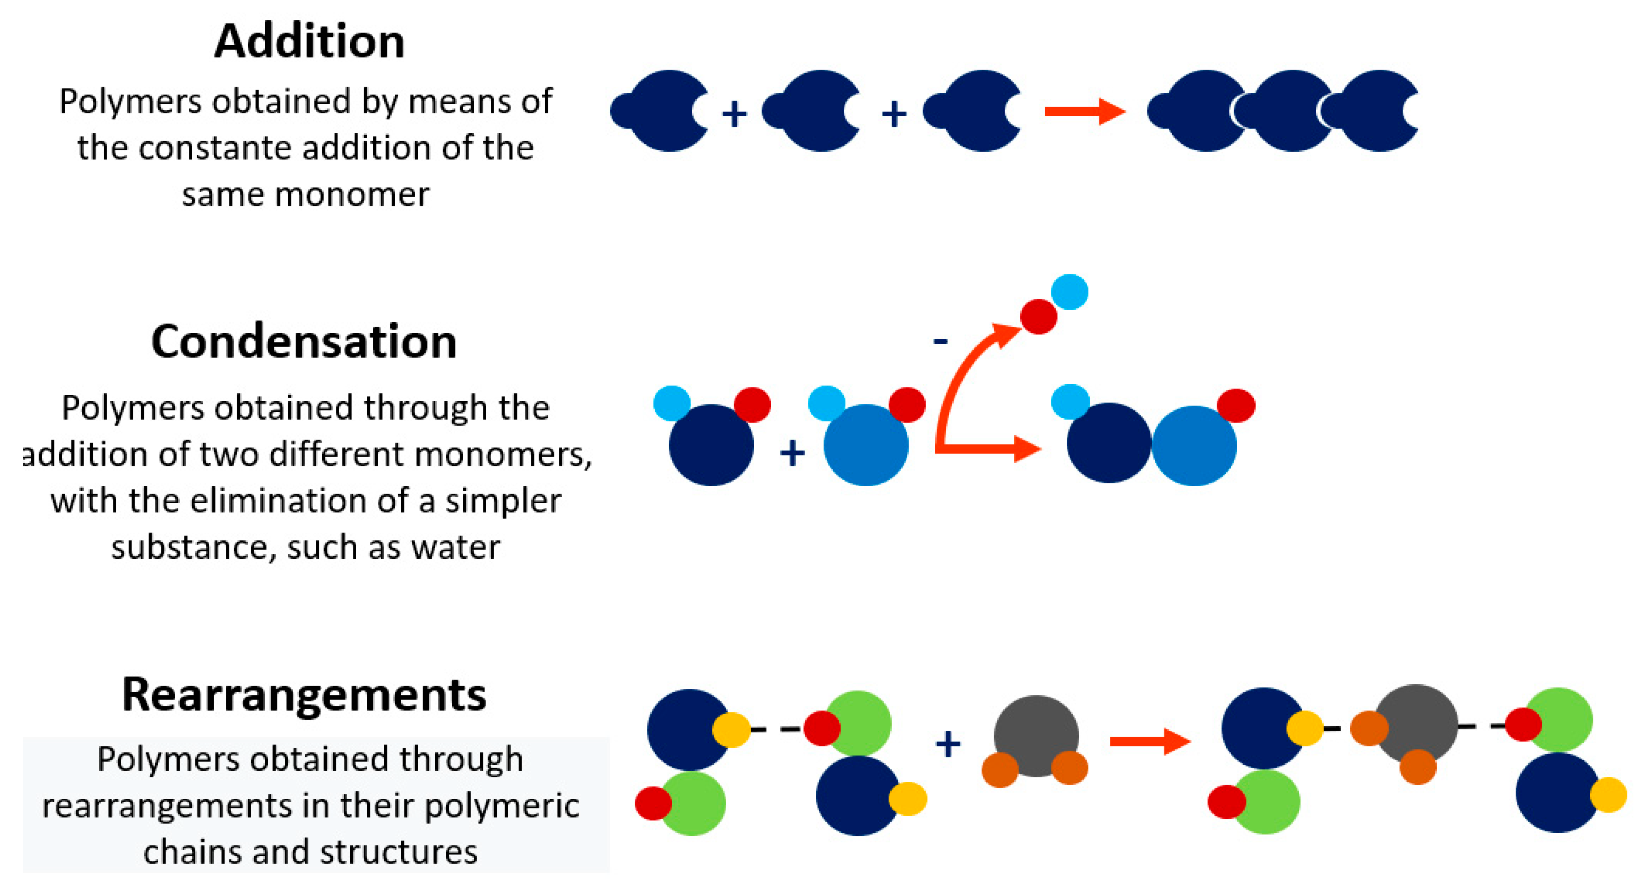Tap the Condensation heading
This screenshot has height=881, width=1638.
coord(304,342)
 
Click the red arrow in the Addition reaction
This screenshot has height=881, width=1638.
coord(1084,112)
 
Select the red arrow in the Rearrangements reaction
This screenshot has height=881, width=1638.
coord(1149,741)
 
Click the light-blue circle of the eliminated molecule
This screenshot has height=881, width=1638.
coord(1069,292)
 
